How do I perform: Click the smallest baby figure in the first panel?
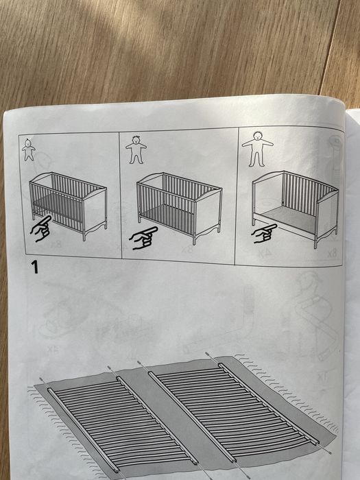[x=28, y=149]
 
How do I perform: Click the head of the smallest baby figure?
[x=28, y=143]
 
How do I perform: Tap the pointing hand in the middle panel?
[x=145, y=237]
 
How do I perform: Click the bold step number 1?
[x=34, y=267]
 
